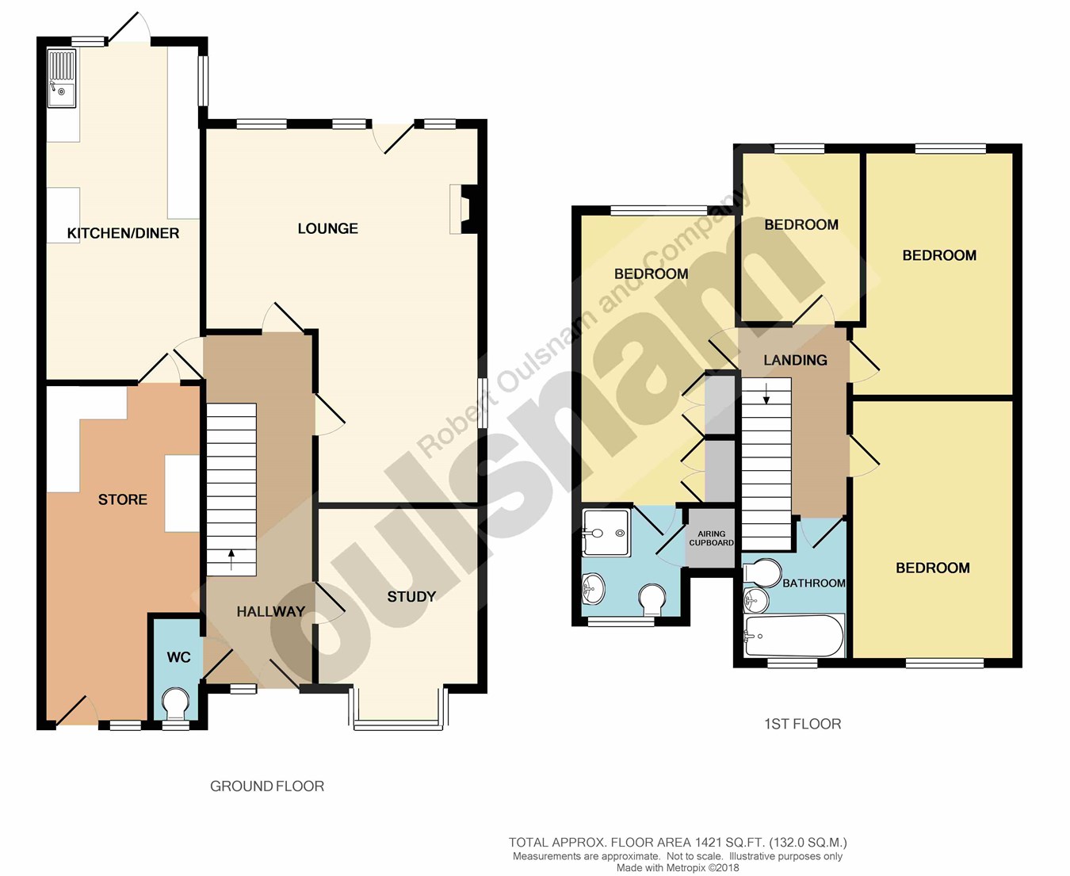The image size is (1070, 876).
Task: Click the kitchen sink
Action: [62, 78]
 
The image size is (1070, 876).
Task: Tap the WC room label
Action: [178, 657]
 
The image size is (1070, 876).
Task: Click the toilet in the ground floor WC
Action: [175, 703]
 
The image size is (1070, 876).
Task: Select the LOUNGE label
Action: [328, 228]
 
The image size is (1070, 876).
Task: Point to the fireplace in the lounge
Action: [464, 209]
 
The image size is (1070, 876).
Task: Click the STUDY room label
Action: [411, 596]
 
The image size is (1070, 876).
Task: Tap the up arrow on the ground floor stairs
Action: [231, 560]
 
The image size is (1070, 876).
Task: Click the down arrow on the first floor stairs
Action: [766, 393]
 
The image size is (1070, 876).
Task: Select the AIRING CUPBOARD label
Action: [711, 538]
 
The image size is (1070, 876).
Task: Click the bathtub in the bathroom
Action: [794, 636]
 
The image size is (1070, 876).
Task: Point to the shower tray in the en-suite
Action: [607, 533]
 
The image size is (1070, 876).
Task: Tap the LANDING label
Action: [795, 360]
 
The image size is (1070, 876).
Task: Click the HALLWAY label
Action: [271, 611]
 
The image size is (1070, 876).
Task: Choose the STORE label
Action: [123, 499]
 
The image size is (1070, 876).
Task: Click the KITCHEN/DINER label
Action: [124, 233]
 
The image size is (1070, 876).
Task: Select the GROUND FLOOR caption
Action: [267, 786]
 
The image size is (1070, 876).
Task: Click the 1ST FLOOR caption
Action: [803, 724]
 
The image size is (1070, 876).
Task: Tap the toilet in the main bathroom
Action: [762, 572]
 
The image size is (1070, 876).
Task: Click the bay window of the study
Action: [399, 709]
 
